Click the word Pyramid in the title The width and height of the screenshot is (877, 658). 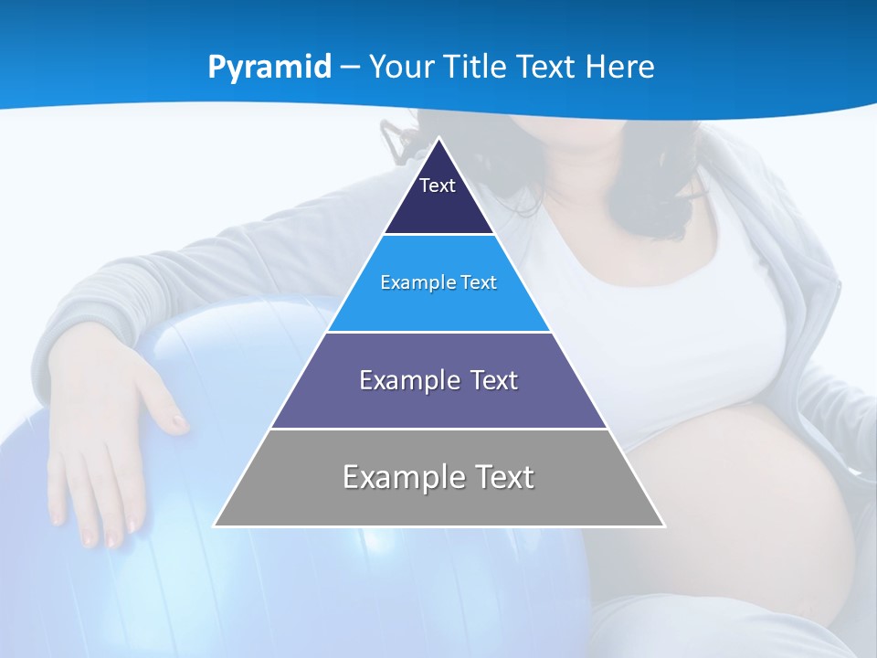[269, 68]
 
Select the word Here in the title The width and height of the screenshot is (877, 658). [620, 67]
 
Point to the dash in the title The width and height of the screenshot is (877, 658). [350, 68]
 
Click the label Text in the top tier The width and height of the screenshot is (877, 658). [438, 186]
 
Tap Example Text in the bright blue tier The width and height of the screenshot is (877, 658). [438, 282]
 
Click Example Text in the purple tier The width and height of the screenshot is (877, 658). [438, 380]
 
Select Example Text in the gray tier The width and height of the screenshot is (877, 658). [438, 477]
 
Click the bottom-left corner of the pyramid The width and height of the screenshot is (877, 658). [216, 525]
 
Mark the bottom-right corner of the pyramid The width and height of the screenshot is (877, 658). [663, 525]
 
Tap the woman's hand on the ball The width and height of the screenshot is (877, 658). [110, 439]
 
